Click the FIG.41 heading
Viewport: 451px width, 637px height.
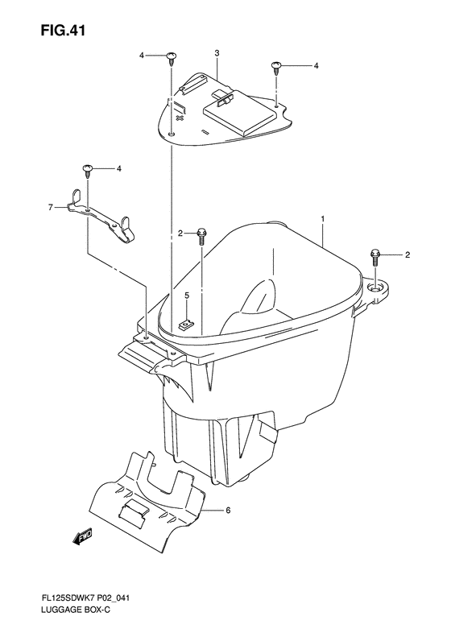tap(63, 30)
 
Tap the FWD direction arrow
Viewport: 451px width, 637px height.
tap(83, 536)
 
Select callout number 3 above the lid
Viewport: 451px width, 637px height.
tap(217, 53)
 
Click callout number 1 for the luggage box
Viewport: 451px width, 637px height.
tap(323, 219)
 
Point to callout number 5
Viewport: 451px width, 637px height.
tap(187, 296)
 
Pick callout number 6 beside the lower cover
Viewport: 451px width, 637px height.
tap(228, 510)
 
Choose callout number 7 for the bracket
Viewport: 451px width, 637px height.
tap(51, 208)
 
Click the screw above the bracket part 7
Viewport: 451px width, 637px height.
tap(87, 171)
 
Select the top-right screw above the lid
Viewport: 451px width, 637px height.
tap(276, 67)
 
